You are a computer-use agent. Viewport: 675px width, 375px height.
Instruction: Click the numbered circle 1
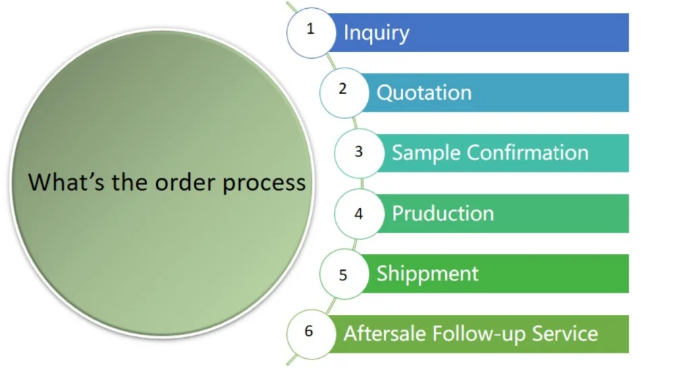310,32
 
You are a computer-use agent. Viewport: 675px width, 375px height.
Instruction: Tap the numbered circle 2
343,92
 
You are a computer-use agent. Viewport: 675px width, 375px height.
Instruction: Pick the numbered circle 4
358,214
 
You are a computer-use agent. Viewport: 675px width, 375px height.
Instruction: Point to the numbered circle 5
343,274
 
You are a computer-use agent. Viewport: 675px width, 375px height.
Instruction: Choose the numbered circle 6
310,333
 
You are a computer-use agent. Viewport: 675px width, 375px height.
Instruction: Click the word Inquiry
376,32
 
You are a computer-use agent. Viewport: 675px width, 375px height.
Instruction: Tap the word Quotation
424,93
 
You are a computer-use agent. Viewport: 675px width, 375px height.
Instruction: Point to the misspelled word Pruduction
443,214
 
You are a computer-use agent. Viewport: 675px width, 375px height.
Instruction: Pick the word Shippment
427,274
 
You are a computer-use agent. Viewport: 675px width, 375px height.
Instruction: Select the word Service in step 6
565,334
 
